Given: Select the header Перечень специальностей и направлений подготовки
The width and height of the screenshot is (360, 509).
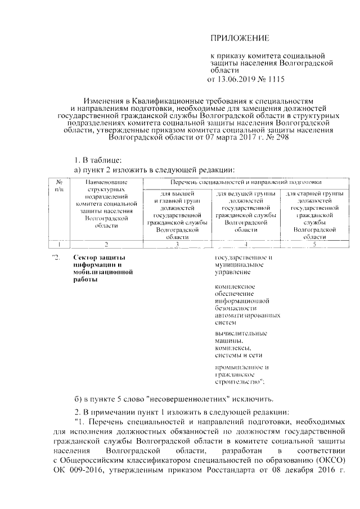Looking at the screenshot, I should click(x=245, y=182).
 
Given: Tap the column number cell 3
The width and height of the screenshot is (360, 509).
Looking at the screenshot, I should click(x=177, y=245).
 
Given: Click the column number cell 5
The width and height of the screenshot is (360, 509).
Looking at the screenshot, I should click(x=314, y=245).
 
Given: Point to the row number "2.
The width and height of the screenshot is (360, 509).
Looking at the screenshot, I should click(x=55, y=258).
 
